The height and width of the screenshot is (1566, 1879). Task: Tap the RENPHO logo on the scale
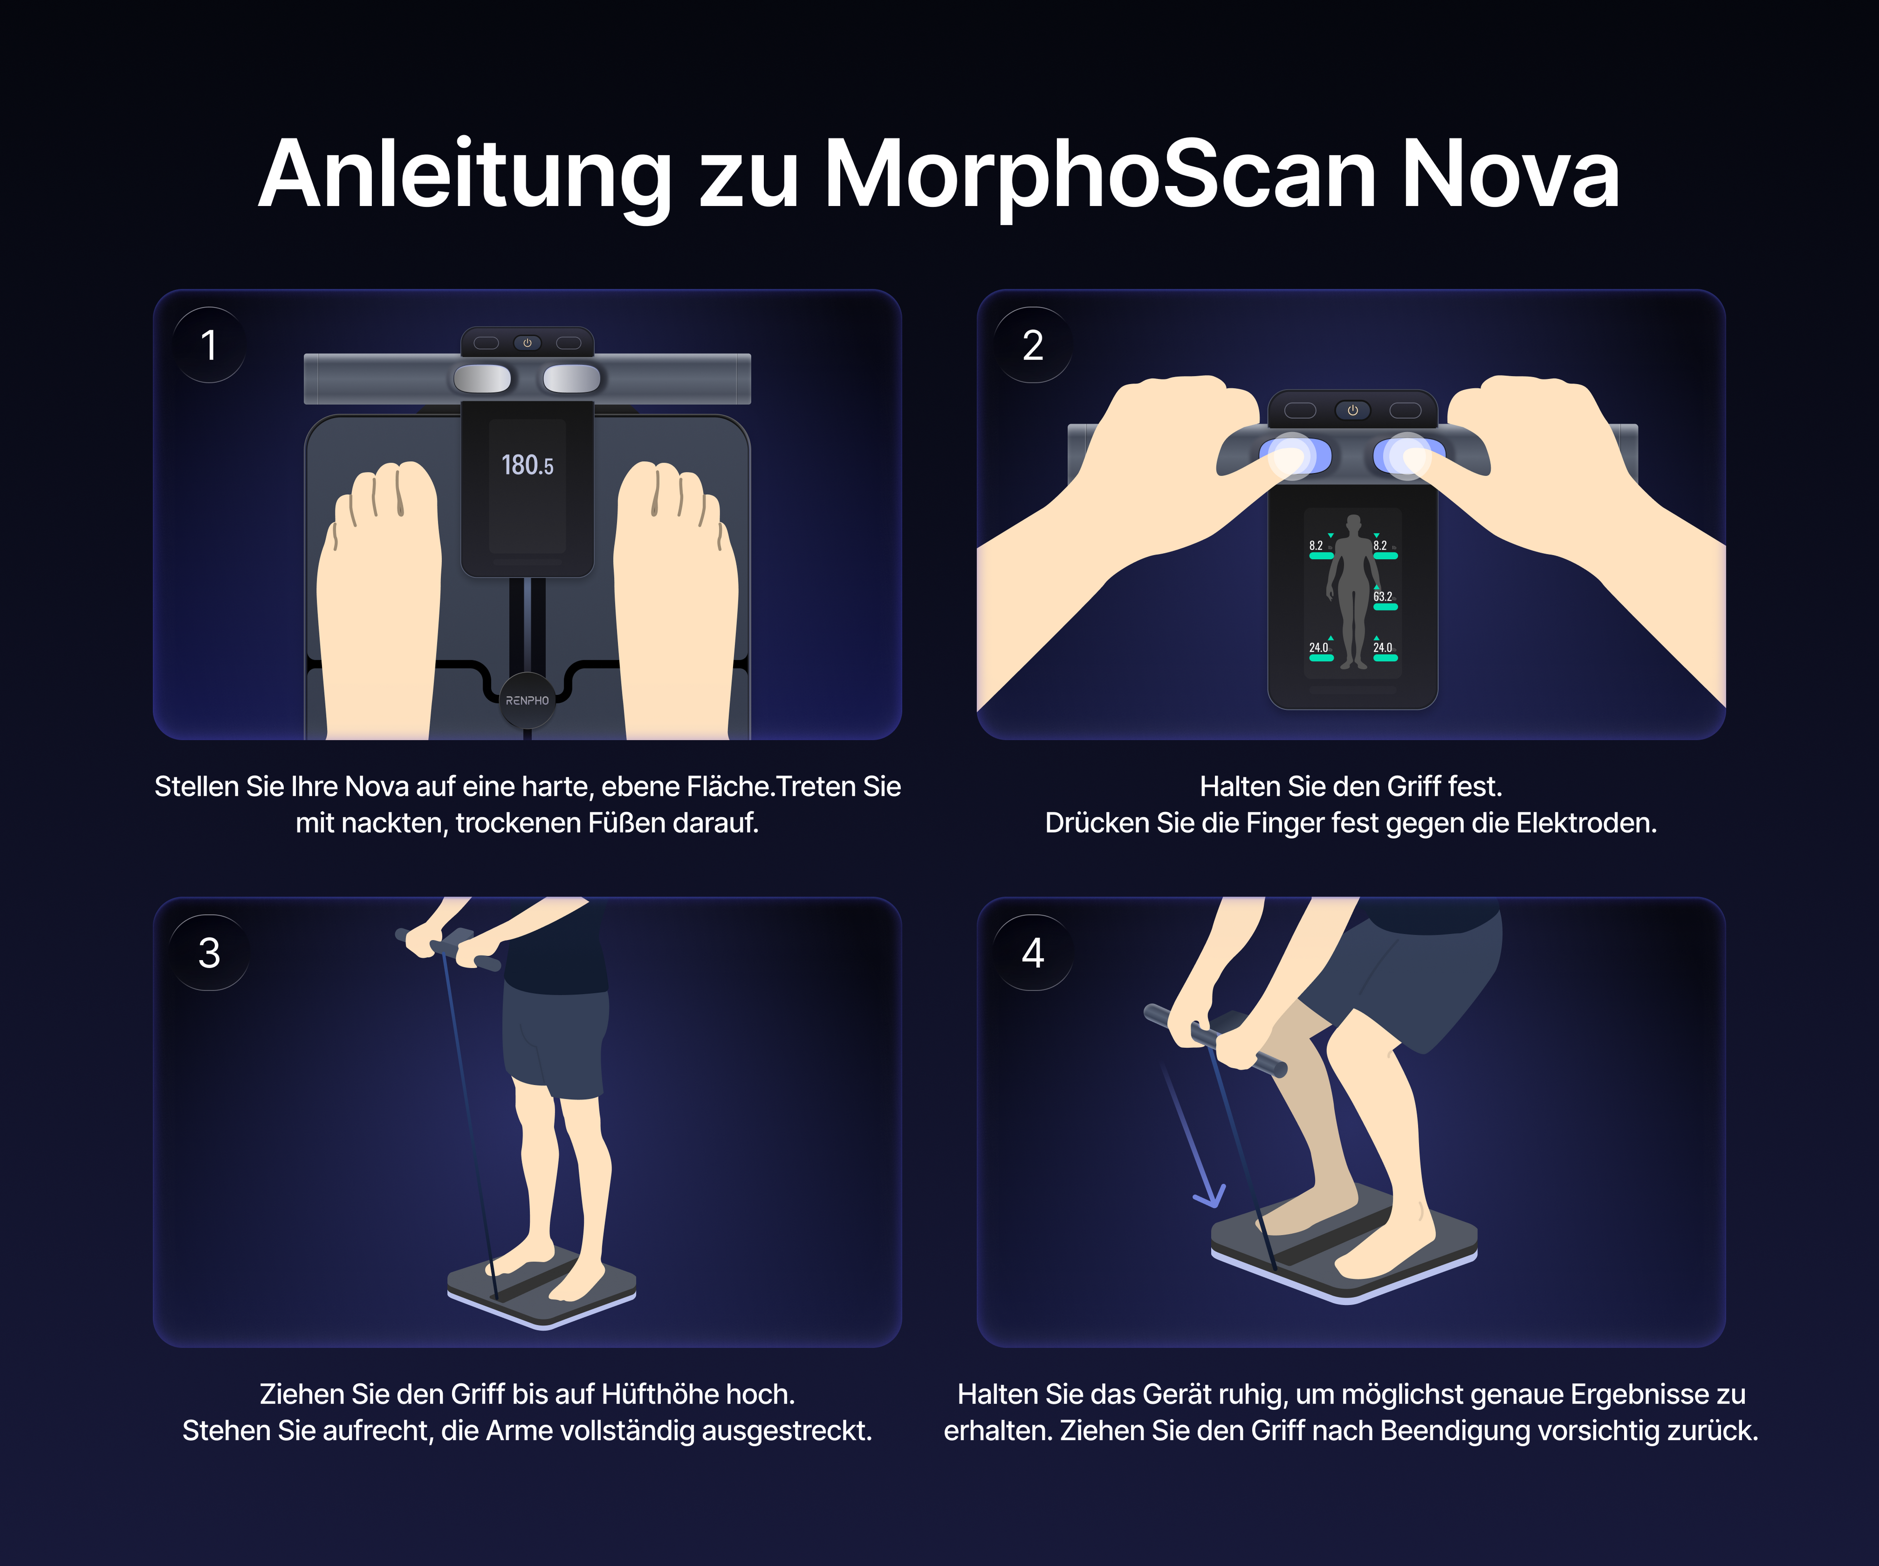(x=527, y=701)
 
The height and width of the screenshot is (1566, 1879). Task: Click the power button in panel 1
(x=527, y=343)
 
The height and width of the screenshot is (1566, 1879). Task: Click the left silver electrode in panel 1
(x=482, y=378)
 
